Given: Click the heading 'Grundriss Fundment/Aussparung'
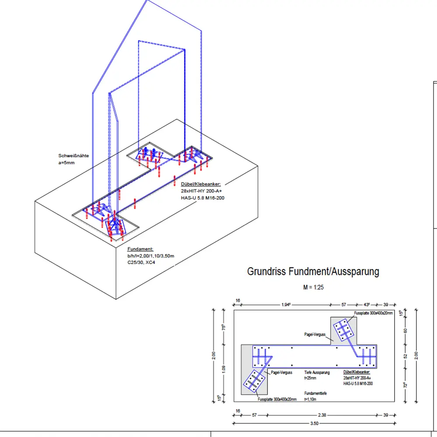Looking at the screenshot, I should click(x=313, y=271).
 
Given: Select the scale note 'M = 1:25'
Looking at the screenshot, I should click(x=313, y=288).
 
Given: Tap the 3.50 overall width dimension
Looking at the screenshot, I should click(x=314, y=423).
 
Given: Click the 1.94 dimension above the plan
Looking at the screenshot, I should click(x=287, y=304).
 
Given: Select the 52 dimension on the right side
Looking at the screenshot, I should click(x=405, y=356).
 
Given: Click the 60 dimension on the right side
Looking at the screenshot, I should click(x=405, y=330).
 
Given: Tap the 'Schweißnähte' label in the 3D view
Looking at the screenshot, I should click(x=74, y=156).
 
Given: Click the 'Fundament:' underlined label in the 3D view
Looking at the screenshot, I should click(x=140, y=249).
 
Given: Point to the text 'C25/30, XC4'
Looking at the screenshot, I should click(x=141, y=262).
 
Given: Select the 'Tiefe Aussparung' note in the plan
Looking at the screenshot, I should click(x=317, y=373).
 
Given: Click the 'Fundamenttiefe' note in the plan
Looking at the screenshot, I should click(x=316, y=393).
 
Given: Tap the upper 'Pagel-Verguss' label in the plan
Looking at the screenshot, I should click(x=315, y=334).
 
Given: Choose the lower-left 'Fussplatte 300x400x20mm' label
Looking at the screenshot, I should click(x=277, y=399).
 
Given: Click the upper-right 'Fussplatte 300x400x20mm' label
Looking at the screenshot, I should click(x=373, y=313).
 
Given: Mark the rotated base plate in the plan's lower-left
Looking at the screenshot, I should click(x=254, y=381).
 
